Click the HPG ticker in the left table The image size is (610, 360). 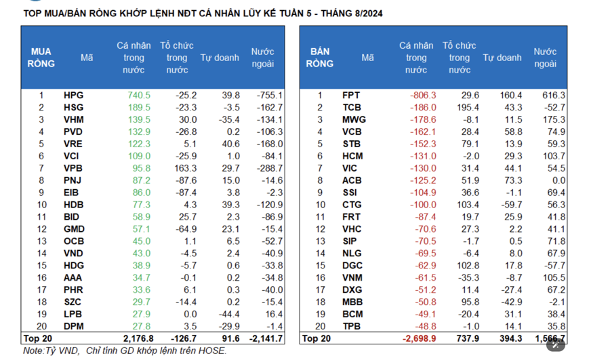[x=73, y=96]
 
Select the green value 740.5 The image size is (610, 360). [x=138, y=96]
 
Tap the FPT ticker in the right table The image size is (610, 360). [x=351, y=96]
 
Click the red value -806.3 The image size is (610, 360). [x=422, y=96]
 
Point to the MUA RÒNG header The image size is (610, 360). [x=41, y=58]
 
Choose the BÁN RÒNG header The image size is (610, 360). [x=319, y=58]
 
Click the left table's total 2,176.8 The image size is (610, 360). [x=138, y=338]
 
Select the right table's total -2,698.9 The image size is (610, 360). [x=419, y=338]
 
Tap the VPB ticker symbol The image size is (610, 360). [x=73, y=168]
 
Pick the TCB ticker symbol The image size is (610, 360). [x=352, y=108]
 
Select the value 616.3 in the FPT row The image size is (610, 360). [x=553, y=96]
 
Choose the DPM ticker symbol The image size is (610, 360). [x=74, y=326]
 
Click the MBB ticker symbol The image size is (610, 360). [x=352, y=302]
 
